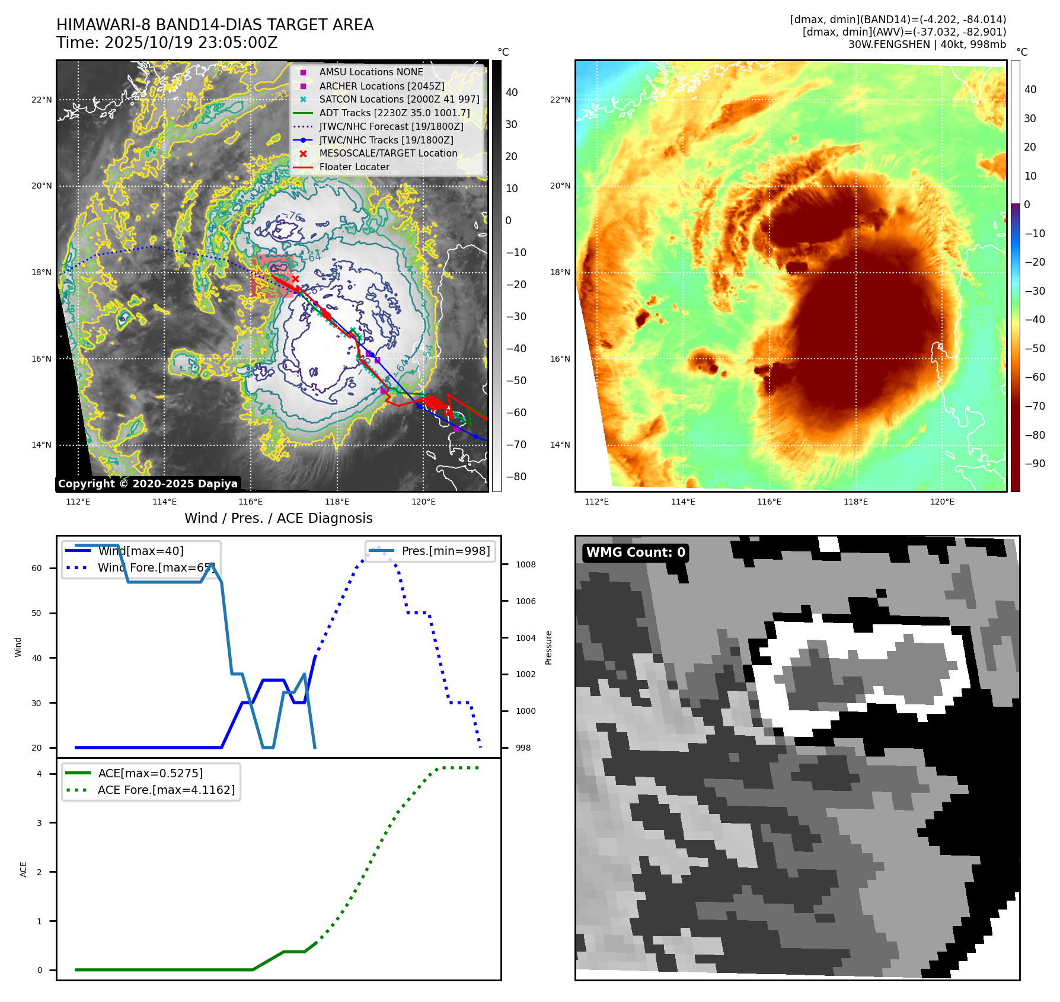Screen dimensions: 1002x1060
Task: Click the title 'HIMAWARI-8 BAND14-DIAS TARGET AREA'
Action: (215, 25)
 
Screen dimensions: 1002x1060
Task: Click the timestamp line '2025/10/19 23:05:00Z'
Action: (190, 43)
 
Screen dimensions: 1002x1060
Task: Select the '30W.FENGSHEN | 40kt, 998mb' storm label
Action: (927, 44)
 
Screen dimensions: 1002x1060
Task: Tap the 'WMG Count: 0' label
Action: (636, 553)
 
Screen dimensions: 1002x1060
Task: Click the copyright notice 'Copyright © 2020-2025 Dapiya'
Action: (148, 484)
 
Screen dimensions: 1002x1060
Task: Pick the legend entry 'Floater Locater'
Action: (354, 167)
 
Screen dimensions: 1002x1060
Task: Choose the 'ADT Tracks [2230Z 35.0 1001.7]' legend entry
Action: (394, 113)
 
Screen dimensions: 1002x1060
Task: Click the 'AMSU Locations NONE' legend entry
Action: (371, 72)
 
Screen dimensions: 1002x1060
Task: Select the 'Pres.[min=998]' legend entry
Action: (445, 551)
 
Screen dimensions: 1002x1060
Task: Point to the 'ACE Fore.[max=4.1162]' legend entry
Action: (166, 790)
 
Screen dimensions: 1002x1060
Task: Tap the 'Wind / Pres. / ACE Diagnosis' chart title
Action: (279, 518)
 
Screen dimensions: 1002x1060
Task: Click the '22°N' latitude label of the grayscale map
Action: (41, 100)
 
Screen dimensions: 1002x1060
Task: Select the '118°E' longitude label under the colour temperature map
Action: (855, 502)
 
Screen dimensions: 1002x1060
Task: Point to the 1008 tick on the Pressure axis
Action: (525, 564)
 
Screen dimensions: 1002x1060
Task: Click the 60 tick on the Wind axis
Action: (37, 568)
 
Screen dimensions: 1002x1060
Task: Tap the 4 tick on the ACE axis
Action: (39, 774)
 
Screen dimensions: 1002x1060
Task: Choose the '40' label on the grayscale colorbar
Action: (512, 92)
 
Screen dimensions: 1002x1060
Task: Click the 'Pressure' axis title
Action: (548, 647)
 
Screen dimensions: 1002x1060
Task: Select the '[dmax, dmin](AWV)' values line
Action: (904, 32)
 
